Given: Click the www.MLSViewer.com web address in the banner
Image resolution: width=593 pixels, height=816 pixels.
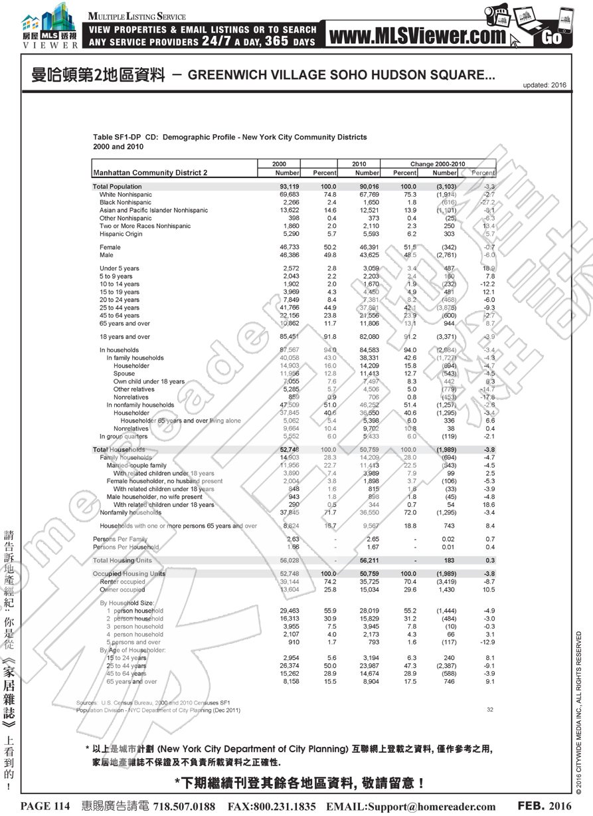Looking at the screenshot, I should point(417,35).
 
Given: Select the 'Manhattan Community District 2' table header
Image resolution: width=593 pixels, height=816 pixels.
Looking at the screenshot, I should point(150,173).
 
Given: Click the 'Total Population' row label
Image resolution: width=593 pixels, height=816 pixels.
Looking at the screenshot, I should point(117,187).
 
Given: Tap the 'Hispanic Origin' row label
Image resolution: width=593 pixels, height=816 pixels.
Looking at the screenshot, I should point(121,234).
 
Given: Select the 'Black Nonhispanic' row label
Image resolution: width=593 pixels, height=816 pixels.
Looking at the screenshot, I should point(126,203).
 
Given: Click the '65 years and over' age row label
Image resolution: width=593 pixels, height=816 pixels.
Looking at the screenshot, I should point(125,324).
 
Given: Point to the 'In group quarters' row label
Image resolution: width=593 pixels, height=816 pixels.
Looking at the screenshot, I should point(124,437).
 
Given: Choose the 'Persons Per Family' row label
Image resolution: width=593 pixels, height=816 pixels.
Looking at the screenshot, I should point(120,539).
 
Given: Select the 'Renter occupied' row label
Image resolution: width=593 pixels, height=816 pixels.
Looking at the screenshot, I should point(122,581).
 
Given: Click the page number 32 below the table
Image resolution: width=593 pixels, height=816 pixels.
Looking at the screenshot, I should point(489,710).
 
